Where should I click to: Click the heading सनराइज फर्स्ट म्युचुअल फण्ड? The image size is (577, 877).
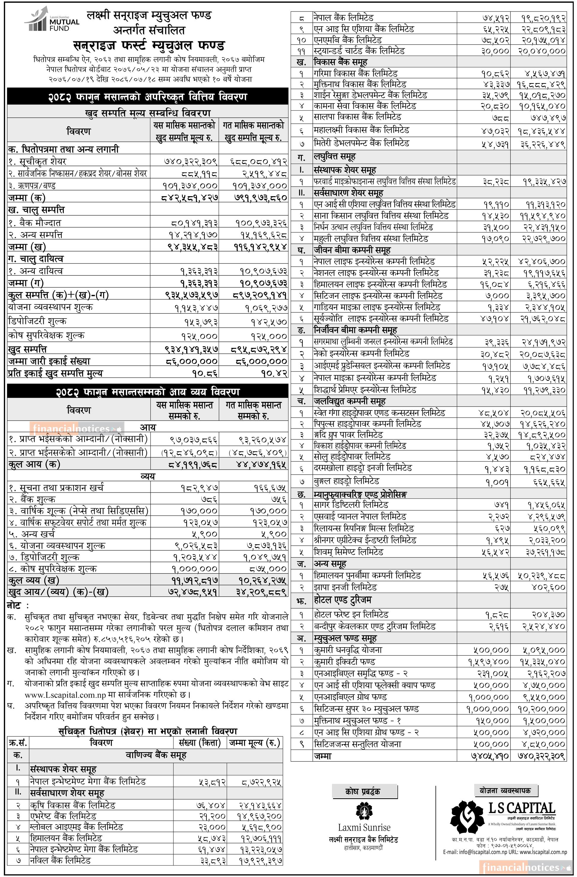149,46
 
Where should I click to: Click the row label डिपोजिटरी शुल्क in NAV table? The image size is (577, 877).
37,321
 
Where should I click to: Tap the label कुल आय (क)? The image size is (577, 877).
34,464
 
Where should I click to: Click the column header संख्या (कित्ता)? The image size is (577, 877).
199,743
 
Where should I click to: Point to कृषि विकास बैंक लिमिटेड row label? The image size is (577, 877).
73,805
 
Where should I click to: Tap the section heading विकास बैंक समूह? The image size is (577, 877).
340,62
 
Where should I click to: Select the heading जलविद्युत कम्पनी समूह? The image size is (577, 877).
350,401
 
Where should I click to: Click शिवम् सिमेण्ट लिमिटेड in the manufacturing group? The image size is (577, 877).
348,552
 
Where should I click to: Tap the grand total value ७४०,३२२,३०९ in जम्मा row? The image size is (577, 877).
538,756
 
